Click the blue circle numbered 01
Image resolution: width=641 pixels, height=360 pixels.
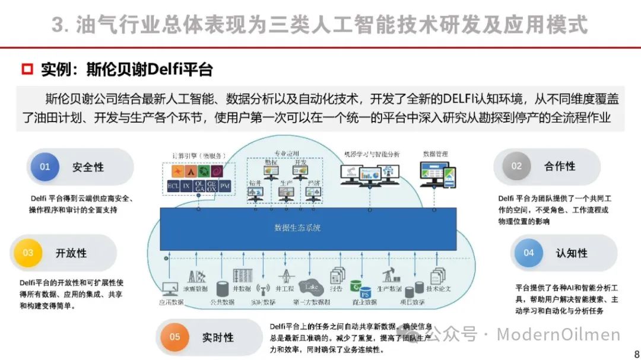45,167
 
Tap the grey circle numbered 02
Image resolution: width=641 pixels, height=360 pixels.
516,167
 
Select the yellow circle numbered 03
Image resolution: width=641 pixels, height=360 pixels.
28,253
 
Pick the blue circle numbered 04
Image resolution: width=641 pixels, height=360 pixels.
528,253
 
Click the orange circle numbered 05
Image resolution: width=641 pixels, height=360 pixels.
174,337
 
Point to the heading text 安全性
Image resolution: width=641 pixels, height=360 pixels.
88,167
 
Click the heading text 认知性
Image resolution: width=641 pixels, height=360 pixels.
572,253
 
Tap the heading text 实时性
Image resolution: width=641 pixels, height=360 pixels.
218,337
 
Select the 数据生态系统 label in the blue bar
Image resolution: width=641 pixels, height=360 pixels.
297,228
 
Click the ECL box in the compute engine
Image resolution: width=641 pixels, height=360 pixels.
173,186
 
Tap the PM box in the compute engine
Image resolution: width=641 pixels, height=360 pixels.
224,186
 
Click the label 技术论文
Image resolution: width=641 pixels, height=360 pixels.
439,289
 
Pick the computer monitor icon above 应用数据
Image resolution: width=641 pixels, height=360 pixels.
170,289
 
